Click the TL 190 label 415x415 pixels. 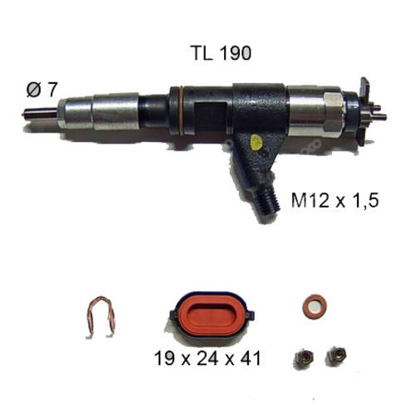click(x=221, y=53)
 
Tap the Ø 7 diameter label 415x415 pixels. click(x=42, y=90)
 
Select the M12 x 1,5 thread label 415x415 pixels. click(x=334, y=200)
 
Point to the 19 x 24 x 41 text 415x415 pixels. click(x=207, y=358)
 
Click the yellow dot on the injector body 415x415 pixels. click(x=256, y=142)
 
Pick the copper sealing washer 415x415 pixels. click(x=315, y=306)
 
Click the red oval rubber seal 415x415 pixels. click(x=212, y=315)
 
